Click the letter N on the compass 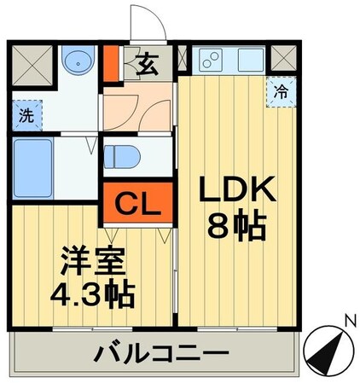[x=349, y=320]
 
